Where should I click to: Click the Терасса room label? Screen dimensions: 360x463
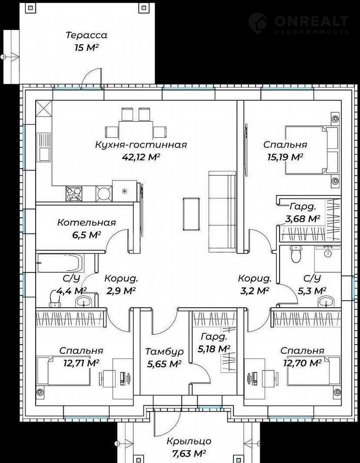point(86,35)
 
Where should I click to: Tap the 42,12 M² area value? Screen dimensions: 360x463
point(141,157)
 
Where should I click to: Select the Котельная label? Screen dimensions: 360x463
point(87,222)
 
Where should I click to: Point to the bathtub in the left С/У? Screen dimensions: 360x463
point(60,263)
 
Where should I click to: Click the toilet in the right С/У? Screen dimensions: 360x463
point(295,254)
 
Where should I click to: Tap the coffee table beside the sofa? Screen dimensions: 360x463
point(191,214)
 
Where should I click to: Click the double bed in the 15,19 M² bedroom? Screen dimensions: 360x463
point(311,150)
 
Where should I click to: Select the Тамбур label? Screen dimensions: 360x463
point(164,352)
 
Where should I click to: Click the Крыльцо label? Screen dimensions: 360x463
point(189,441)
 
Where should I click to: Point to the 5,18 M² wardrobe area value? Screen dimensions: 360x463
point(214,349)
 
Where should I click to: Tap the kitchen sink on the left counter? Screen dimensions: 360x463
point(43,147)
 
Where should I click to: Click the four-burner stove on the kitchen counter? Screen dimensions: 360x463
point(74,194)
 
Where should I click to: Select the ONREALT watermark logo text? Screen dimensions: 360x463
point(312,21)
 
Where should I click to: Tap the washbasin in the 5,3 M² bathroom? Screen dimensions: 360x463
point(326,302)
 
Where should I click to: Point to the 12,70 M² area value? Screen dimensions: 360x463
point(302,362)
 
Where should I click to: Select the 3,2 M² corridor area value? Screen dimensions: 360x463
point(255,291)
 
